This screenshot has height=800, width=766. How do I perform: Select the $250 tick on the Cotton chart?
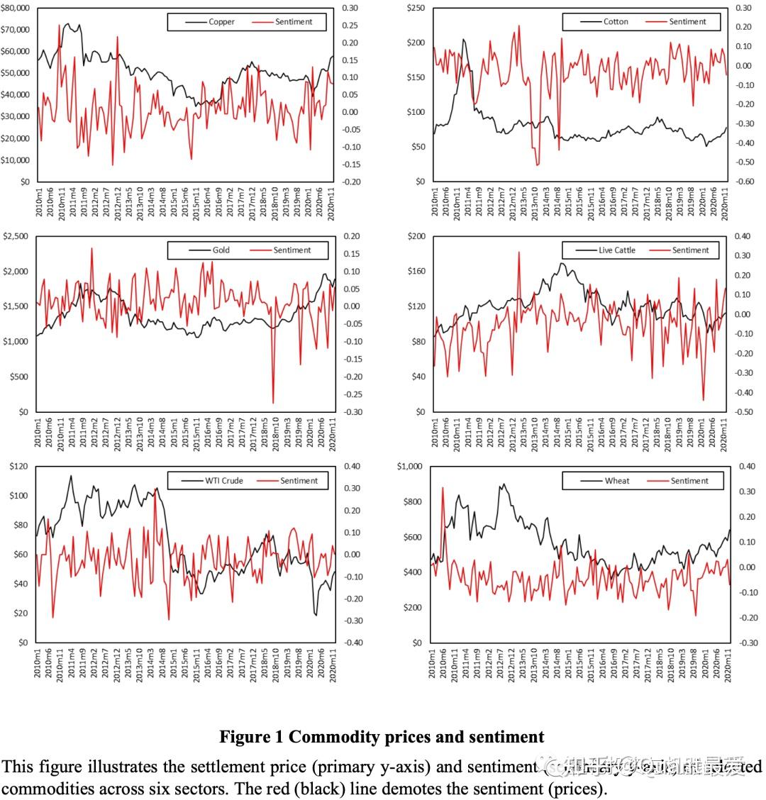tap(416, 8)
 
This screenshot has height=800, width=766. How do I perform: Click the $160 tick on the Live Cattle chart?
tap(416, 271)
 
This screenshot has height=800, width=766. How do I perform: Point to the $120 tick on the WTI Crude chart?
tap(19, 467)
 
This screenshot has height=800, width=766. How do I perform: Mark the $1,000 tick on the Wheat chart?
tap(412, 467)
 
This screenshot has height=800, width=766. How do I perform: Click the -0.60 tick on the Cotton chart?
tap(742, 182)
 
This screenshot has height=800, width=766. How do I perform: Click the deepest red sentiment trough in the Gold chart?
tap(274, 403)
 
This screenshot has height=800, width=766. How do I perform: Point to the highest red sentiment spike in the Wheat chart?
tap(443, 487)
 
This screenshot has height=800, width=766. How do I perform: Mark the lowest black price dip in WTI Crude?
tap(316, 615)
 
